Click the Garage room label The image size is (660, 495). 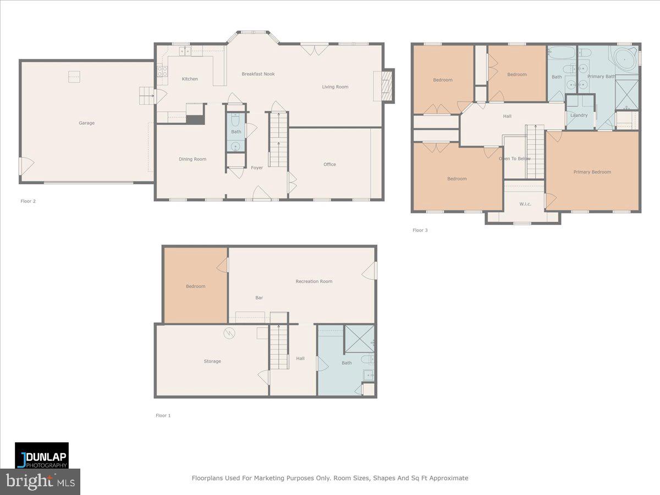pyautogui.click(x=86, y=123)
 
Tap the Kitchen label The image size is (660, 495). pyautogui.click(x=190, y=79)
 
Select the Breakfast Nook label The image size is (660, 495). pyautogui.click(x=258, y=74)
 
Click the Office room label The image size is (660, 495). pyautogui.click(x=329, y=164)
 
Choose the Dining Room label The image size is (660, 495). pyautogui.click(x=193, y=159)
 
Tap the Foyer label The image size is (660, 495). pyautogui.click(x=257, y=168)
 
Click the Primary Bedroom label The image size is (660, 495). pyautogui.click(x=592, y=172)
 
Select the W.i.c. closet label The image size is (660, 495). pyautogui.click(x=525, y=204)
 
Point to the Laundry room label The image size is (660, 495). pyautogui.click(x=579, y=116)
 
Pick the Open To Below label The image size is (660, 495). pyautogui.click(x=515, y=159)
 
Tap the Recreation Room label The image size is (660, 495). pyautogui.click(x=313, y=282)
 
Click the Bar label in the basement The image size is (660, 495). pyautogui.click(x=259, y=298)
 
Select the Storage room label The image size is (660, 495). pyautogui.click(x=212, y=361)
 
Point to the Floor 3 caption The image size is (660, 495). pyautogui.click(x=420, y=230)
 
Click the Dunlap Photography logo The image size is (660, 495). pyautogui.click(x=42, y=455)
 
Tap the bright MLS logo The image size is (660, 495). pyautogui.click(x=40, y=482)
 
